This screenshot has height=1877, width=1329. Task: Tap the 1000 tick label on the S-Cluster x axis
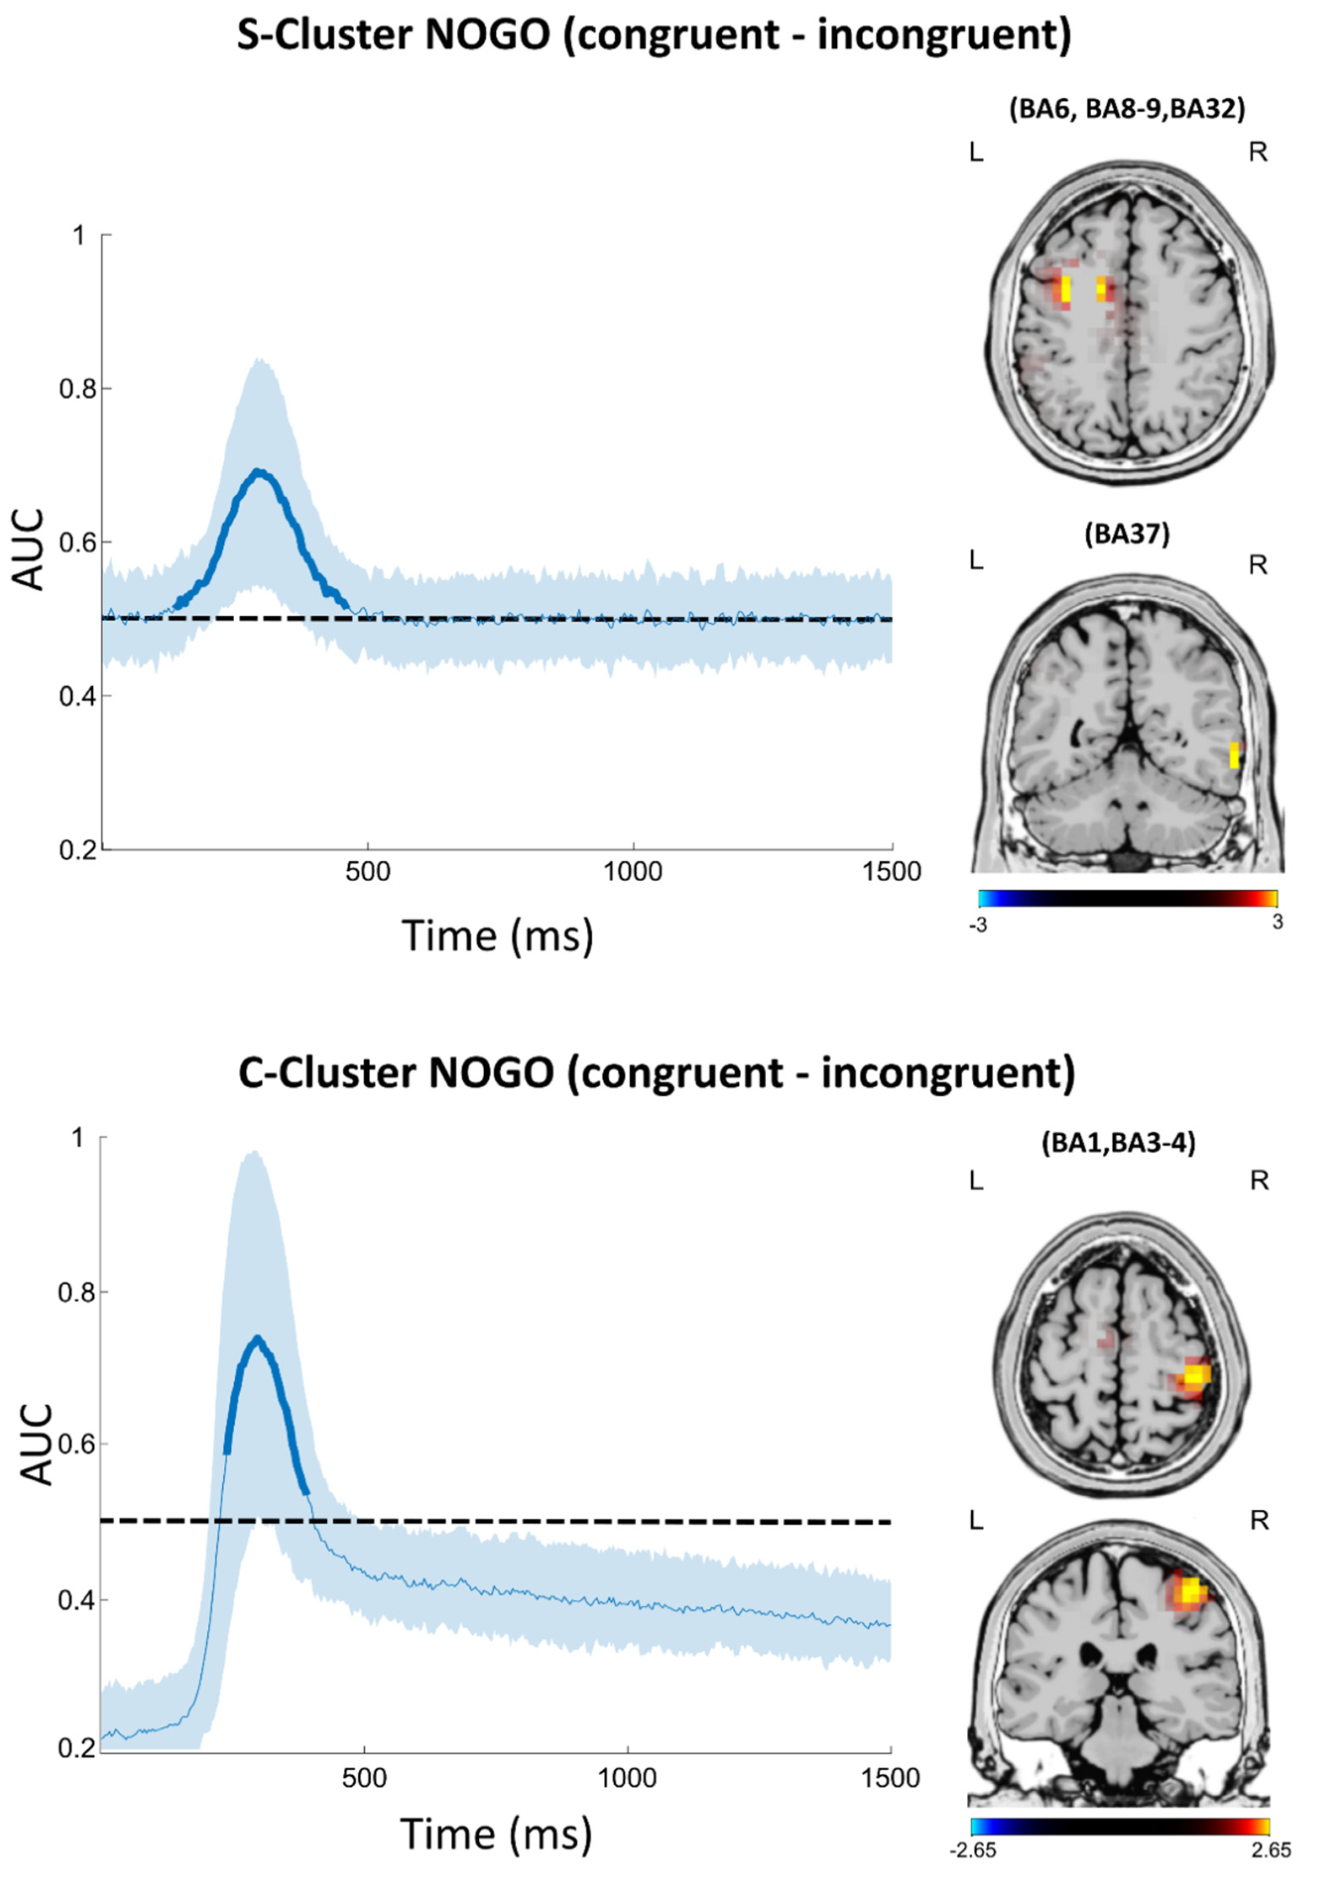point(632,872)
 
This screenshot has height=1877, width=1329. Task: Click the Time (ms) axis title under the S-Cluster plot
point(497,935)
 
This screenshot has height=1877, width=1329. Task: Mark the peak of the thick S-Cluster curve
point(259,471)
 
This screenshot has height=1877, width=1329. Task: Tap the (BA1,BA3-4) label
point(1118,1144)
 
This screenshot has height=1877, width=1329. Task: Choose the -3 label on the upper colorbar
point(976,927)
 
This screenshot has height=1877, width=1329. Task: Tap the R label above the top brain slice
point(1258,152)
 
